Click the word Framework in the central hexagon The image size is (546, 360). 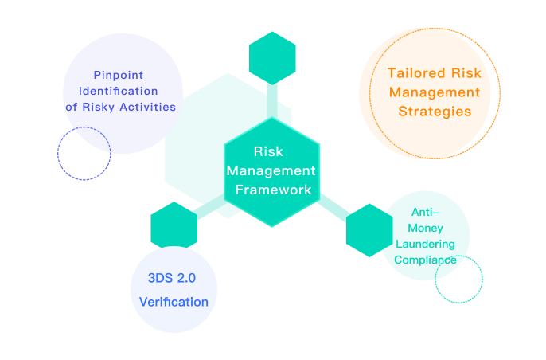point(273,190)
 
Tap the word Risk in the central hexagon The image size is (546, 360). point(268,151)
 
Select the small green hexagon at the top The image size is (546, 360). point(272,58)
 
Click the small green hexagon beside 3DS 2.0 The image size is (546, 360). point(174,225)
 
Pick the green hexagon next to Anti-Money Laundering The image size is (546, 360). point(369,230)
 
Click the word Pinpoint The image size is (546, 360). point(119,75)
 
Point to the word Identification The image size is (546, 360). point(119,91)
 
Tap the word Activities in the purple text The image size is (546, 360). point(148,107)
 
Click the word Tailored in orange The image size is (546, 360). point(417,73)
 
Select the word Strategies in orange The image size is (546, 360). point(435,112)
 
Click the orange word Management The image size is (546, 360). point(435,92)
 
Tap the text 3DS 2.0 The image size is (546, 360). point(172,278)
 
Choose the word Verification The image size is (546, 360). point(174,302)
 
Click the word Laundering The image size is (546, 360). point(425,244)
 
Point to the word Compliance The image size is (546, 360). point(425,260)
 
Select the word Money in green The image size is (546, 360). point(425,228)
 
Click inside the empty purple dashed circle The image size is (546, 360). point(84,154)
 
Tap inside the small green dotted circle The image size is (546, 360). point(459,279)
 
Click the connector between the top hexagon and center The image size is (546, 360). point(272,101)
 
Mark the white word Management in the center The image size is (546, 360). point(271,170)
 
